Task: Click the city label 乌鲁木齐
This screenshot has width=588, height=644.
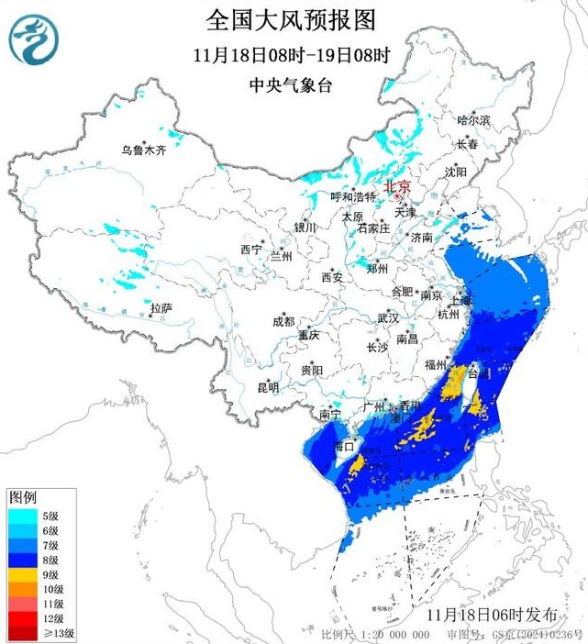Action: [145, 150]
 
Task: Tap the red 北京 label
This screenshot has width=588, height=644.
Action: [396, 185]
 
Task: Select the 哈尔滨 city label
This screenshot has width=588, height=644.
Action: [474, 120]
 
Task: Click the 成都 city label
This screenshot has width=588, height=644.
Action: [283, 321]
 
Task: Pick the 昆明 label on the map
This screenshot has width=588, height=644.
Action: [268, 388]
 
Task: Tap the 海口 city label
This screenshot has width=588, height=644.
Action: [344, 447]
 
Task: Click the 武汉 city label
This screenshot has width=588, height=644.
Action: [388, 318]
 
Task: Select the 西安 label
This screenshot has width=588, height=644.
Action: [331, 277]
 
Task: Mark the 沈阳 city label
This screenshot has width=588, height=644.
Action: [456, 172]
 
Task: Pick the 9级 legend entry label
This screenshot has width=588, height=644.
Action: [50, 573]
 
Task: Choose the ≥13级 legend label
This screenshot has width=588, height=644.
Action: [54, 632]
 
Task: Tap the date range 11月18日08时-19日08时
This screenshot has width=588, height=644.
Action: [292, 54]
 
